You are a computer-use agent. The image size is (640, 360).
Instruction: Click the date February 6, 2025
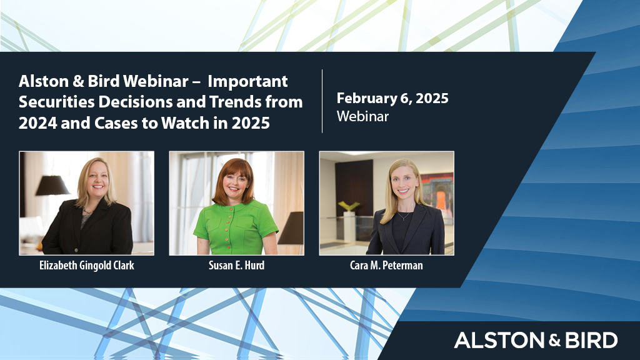392,98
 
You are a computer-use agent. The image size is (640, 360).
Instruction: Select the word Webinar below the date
362,116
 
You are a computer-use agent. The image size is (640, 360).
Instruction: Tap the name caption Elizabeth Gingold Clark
86,265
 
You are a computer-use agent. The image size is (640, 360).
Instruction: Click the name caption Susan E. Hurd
236,265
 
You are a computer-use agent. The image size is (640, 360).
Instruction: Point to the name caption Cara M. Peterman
386,265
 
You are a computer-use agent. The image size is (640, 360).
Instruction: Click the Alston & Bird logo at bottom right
536,340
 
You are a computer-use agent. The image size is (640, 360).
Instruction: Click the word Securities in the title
52,102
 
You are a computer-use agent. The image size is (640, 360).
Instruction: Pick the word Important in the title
248,81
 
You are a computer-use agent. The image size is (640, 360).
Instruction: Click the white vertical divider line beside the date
322,101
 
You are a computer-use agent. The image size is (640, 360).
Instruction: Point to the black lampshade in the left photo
52,186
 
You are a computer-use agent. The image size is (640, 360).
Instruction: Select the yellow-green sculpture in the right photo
348,206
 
